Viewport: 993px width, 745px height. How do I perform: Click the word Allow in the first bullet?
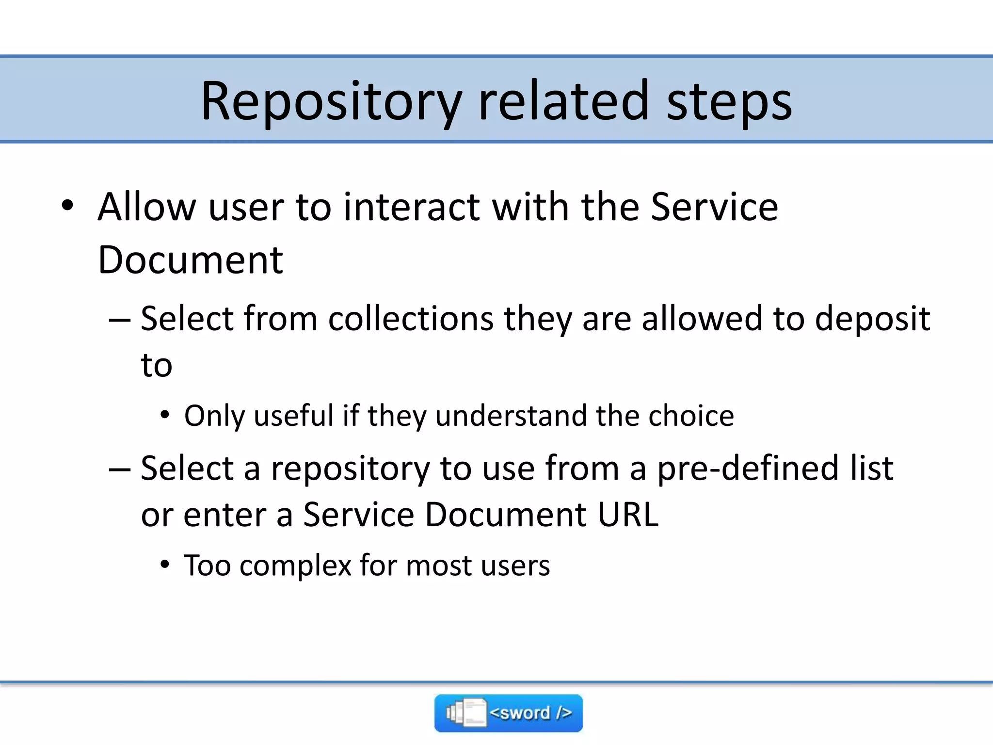[145, 207]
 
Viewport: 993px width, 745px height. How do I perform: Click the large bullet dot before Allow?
[67, 206]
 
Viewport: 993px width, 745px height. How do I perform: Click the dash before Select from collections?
[119, 321]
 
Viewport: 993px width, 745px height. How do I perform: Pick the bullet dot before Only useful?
[165, 415]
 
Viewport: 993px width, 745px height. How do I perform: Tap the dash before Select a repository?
[119, 470]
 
